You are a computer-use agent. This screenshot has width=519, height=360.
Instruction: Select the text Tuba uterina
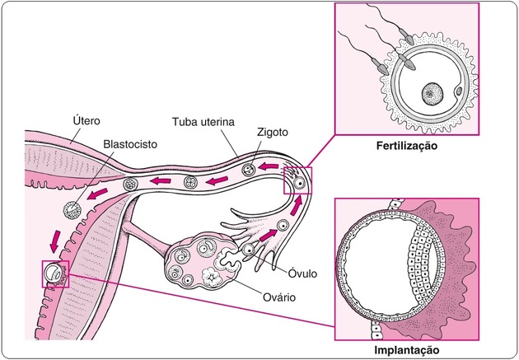click(x=201, y=121)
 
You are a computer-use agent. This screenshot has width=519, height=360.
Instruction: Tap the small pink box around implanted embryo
click(x=55, y=273)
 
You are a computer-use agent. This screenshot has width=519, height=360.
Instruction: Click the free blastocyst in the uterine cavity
click(x=72, y=210)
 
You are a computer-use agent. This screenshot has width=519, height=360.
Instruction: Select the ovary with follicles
click(x=197, y=263)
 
